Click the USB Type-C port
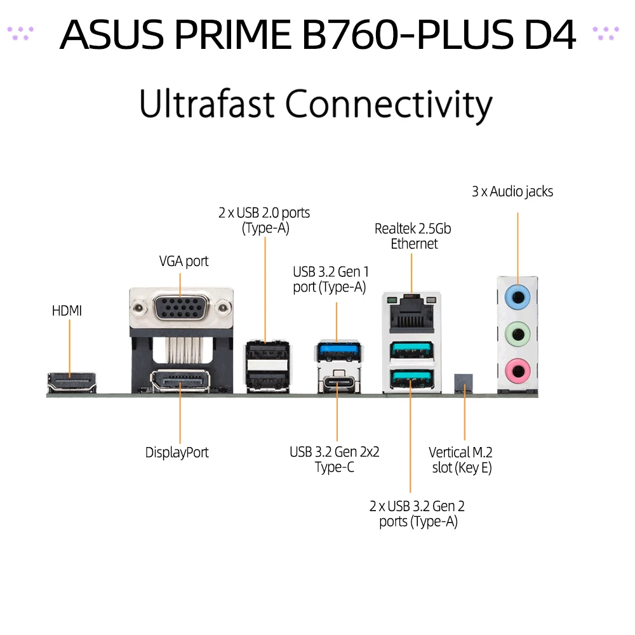pyautogui.click(x=337, y=384)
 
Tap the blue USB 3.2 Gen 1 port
pyautogui.click(x=337, y=351)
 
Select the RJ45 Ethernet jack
pyautogui.click(x=411, y=312)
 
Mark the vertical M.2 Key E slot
pyautogui.click(x=464, y=382)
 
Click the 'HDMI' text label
pyautogui.click(x=67, y=311)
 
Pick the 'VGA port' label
pyautogui.click(x=184, y=261)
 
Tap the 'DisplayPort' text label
pyautogui.click(x=177, y=453)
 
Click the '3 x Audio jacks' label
pyautogui.click(x=512, y=191)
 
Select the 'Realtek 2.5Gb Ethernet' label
pyautogui.click(x=413, y=236)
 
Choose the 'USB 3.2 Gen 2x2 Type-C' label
pyautogui.click(x=335, y=460)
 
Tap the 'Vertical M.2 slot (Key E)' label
pyautogui.click(x=460, y=460)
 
